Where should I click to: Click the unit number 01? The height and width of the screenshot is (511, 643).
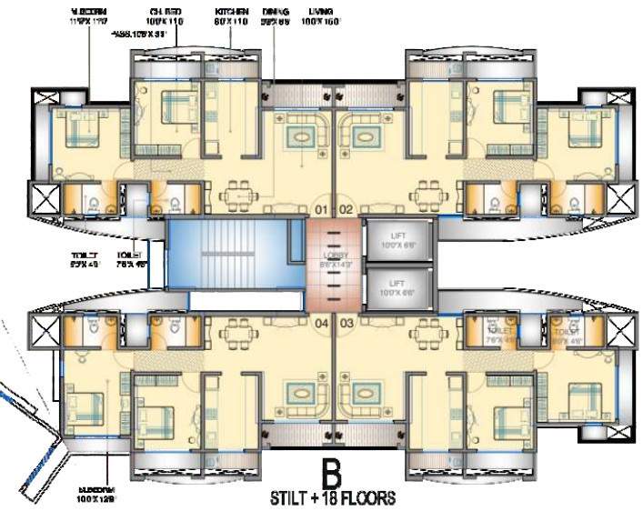tap(321, 210)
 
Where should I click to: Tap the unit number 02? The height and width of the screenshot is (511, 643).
tap(347, 210)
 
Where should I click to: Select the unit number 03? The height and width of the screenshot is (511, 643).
tap(347, 322)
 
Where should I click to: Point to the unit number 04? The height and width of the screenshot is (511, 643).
tap(321, 322)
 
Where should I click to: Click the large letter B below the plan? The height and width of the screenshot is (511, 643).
tap(334, 473)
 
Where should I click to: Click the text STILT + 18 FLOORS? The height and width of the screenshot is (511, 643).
tap(334, 498)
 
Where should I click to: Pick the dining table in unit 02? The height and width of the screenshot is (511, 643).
tap(427, 193)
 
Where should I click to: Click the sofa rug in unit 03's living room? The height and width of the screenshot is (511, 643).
tap(366, 394)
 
